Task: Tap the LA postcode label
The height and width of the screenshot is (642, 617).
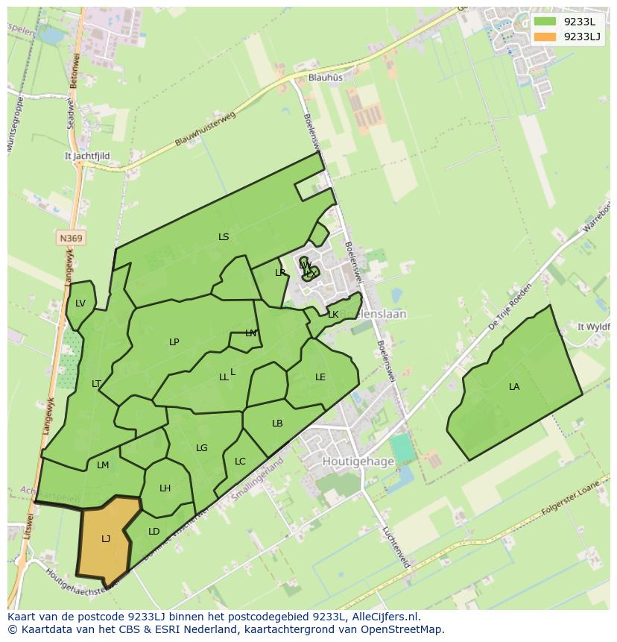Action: pos(514,387)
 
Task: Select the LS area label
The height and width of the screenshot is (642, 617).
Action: pos(224,237)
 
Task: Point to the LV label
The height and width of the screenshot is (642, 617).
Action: pos(80,303)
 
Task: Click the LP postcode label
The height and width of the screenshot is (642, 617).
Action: pos(174,342)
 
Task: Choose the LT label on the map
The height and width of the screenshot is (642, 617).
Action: pos(96,384)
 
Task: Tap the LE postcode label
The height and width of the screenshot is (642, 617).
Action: pos(320,377)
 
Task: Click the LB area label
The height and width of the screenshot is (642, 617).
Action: pos(277,424)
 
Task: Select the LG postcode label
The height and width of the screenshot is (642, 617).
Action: pos(202,448)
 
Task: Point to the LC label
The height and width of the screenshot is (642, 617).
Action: pos(240,462)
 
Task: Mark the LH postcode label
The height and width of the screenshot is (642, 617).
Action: pos(165,488)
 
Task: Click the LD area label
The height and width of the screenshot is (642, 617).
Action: pos(154,532)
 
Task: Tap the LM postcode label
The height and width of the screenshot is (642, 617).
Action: pos(103,465)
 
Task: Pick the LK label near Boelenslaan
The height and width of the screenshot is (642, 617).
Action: pos(333,315)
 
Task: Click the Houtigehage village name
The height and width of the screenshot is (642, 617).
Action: pos(358,462)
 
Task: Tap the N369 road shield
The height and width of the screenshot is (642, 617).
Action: pos(71,239)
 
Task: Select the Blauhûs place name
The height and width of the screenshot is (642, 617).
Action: pos(326,78)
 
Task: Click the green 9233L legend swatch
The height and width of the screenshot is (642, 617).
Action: pos(545,22)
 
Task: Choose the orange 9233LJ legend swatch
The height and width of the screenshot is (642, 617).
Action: pos(545,37)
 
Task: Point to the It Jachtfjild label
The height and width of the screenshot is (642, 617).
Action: pos(88,157)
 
